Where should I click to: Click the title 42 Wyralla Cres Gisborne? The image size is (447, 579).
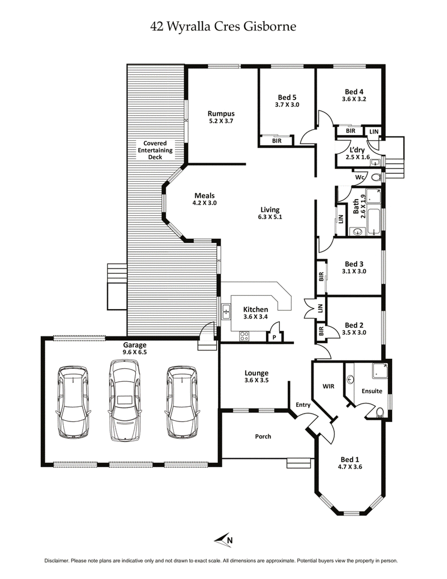(x=223, y=26)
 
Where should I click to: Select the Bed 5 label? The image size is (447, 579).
(x=287, y=96)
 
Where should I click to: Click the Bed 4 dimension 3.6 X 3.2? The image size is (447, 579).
(x=354, y=99)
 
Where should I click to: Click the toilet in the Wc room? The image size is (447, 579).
(x=376, y=177)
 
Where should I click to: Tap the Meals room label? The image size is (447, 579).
(x=204, y=195)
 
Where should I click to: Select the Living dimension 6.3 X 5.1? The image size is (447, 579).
(x=270, y=217)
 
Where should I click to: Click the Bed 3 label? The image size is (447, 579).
(x=354, y=264)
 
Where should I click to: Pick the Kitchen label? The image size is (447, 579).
(x=255, y=310)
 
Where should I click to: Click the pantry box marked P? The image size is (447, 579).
(x=274, y=337)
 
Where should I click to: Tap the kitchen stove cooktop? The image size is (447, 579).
(x=245, y=336)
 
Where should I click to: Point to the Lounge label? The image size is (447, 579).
(x=256, y=373)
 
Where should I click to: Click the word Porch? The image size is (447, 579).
(x=263, y=436)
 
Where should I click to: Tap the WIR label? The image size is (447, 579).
(x=328, y=386)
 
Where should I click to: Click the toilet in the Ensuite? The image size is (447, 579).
(x=379, y=412)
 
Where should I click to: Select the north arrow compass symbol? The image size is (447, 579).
(x=223, y=539)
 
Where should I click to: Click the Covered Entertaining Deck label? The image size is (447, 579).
(x=155, y=150)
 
